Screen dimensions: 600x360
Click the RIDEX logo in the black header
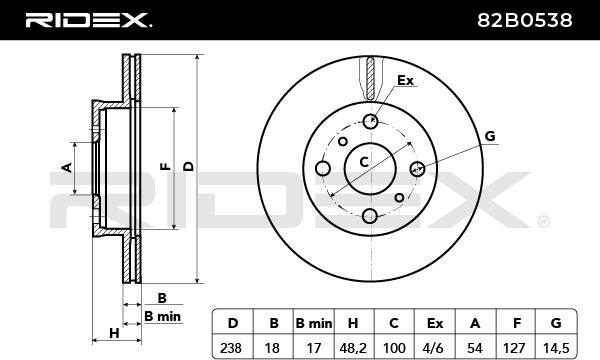88,20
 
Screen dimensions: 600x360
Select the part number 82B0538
525,20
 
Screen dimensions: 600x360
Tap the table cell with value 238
231,348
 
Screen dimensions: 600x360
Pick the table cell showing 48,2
353,348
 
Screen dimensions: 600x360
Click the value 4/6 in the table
434,348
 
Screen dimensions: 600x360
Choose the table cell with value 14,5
556,348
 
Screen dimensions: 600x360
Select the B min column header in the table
314,323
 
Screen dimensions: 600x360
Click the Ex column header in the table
435,323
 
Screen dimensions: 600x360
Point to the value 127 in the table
514,348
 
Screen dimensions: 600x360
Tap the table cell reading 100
394,348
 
